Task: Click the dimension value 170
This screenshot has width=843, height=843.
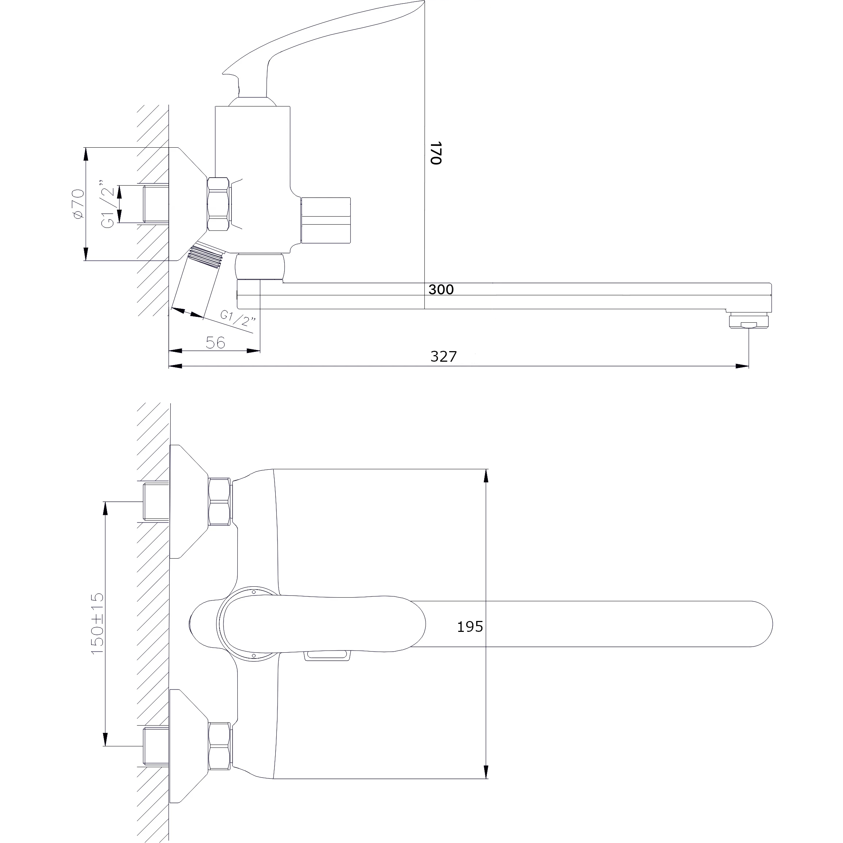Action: tap(436, 153)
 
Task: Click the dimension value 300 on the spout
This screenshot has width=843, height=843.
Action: tap(441, 289)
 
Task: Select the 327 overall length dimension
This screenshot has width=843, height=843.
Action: tap(444, 357)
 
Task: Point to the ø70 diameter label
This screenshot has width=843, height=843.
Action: tap(78, 204)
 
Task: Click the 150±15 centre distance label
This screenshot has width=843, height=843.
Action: tap(97, 623)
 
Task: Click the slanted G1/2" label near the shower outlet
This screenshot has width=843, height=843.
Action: tap(238, 318)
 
